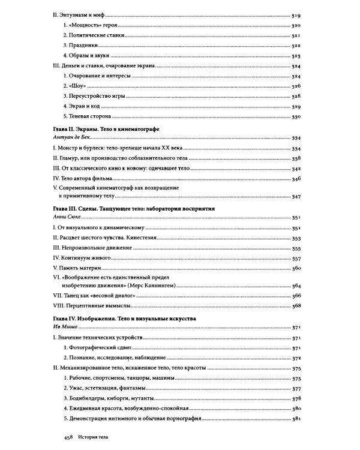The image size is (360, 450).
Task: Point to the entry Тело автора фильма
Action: [x=85, y=178]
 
